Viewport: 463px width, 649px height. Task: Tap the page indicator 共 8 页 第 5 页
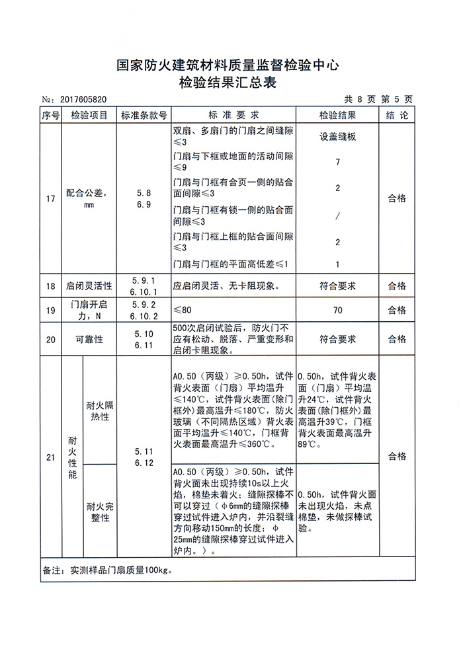point(378,99)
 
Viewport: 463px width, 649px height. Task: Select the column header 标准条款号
point(143,115)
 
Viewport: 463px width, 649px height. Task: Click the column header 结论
point(397,115)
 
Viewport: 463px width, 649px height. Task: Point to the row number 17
point(50,198)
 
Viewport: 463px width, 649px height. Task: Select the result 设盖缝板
point(337,137)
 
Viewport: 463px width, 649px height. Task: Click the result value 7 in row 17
point(337,162)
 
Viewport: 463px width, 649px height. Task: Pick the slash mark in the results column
point(337,216)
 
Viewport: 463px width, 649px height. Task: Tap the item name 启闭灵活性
point(89,286)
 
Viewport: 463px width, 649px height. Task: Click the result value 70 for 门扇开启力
point(337,310)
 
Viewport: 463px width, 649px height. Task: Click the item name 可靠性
point(89,339)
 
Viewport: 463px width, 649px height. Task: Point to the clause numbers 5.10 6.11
point(143,339)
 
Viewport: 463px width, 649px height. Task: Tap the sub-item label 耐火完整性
point(100,512)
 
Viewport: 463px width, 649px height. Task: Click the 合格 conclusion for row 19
point(397,310)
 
